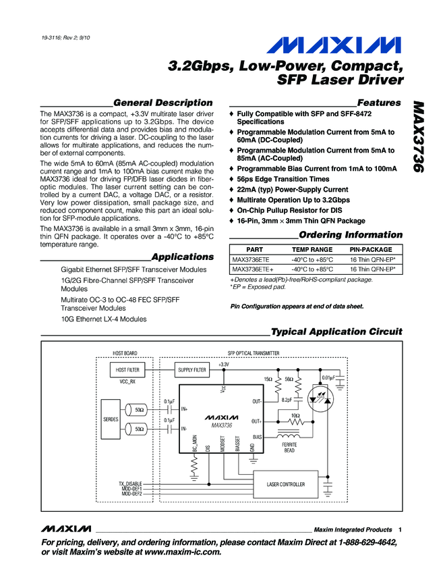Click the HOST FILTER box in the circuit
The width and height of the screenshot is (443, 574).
127,370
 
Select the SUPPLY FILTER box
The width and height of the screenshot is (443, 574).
192,370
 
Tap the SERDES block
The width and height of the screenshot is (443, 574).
111,419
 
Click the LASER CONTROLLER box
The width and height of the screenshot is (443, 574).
287,484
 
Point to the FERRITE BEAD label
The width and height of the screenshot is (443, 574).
289,448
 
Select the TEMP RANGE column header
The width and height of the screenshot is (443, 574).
312,249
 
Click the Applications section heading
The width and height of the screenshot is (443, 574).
182,257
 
